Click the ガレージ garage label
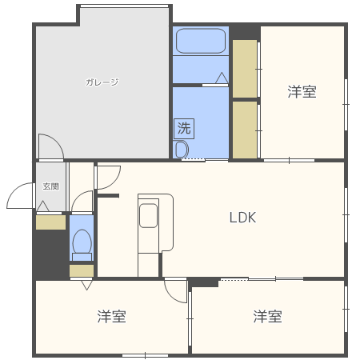pyautogui.click(x=102, y=82)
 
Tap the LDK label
pyautogui.click(x=242, y=217)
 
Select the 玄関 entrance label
pyautogui.click(x=50, y=186)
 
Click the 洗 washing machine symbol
pyautogui.click(x=184, y=127)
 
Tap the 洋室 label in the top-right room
pyautogui.click(x=302, y=92)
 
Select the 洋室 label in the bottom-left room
pyautogui.click(x=112, y=317)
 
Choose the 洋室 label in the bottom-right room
pyautogui.click(x=268, y=317)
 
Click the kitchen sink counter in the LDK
pyautogui.click(x=149, y=220)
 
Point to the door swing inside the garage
pyautogui.click(x=50, y=146)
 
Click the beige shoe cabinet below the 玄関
pyautogui.click(x=50, y=222)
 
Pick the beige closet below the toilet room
pyautogui.click(x=82, y=270)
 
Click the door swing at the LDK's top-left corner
pyautogui.click(x=108, y=178)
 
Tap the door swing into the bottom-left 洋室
pyautogui.click(x=175, y=289)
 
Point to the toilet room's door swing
pyautogui.click(x=82, y=202)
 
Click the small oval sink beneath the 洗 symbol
pyautogui.click(x=181, y=150)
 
